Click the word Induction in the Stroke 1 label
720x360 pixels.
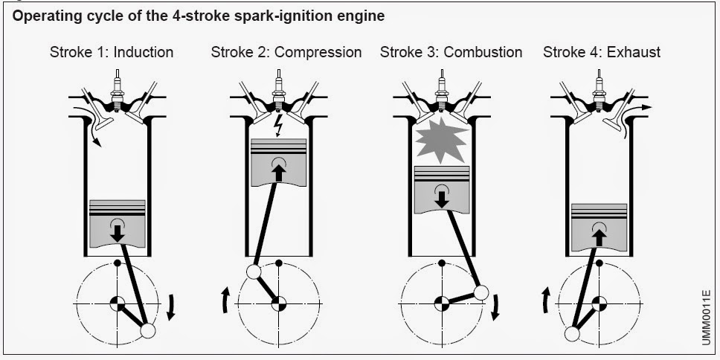(x=144, y=52)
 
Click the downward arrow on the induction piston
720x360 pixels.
(x=118, y=231)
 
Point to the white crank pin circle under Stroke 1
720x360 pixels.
(x=147, y=330)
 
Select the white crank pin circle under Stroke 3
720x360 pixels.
(x=480, y=292)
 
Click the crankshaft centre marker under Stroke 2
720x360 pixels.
(x=279, y=303)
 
